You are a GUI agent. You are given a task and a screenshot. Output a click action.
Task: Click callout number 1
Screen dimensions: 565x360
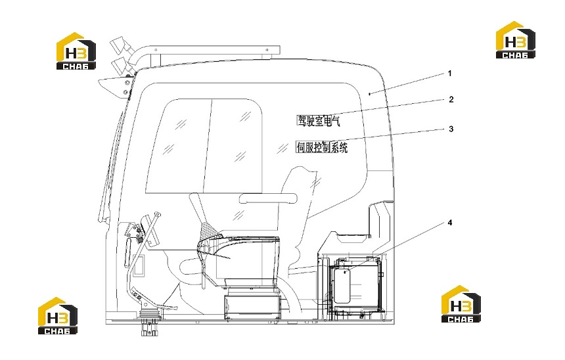point(449,74)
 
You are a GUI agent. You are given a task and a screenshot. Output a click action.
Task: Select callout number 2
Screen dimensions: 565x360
point(451,99)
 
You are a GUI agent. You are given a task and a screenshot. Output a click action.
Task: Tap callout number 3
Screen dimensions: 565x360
point(451,129)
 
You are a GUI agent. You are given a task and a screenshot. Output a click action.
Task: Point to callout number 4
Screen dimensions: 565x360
point(449,223)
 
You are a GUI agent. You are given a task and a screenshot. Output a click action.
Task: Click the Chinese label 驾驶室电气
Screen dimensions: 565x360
point(318,121)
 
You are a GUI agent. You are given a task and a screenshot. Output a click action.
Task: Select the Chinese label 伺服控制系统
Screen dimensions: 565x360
point(322,147)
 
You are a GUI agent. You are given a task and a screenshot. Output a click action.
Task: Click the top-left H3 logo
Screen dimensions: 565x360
point(76,51)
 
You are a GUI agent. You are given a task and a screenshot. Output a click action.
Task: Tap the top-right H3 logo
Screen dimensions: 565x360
point(515,40)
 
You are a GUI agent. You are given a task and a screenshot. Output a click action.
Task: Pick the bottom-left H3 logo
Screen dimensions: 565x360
point(58,316)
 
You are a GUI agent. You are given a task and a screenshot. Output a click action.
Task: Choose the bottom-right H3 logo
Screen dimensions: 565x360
point(461,304)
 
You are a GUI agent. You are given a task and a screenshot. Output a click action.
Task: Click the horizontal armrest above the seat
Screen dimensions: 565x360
point(268,198)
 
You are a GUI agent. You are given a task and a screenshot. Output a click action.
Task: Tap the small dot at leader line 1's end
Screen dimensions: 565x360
point(370,94)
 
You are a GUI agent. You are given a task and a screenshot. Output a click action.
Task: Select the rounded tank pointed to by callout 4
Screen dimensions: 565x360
point(342,285)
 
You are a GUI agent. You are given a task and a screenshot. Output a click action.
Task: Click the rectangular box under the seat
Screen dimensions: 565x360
point(252,307)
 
